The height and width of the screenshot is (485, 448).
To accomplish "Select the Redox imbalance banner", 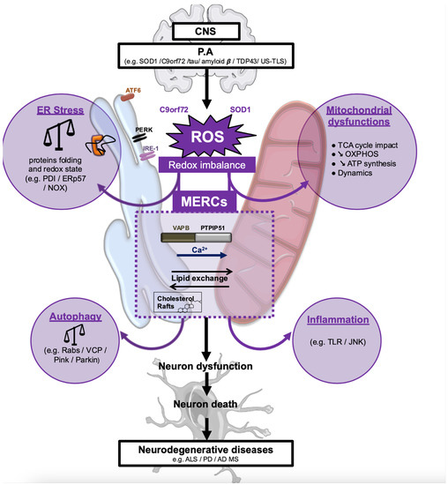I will (x=221, y=166).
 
